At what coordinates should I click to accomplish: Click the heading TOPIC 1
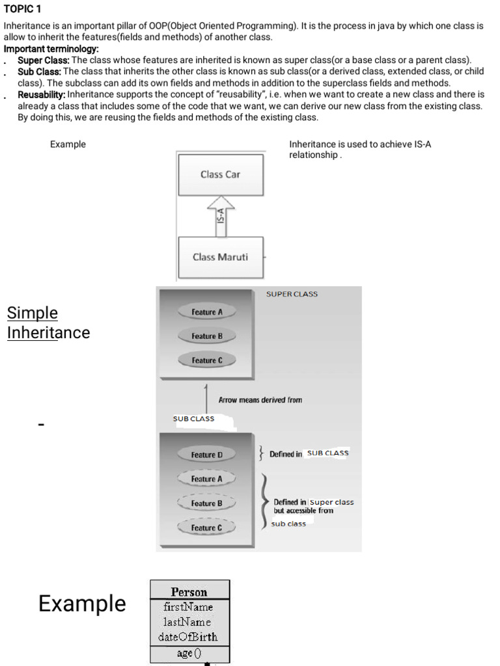(x=22, y=9)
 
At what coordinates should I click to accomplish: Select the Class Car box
(x=221, y=174)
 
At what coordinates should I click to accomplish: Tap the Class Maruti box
(x=221, y=257)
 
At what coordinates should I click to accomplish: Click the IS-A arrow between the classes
(x=221, y=215)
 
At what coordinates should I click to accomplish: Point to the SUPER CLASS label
(x=292, y=294)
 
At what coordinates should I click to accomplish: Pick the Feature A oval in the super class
(x=207, y=312)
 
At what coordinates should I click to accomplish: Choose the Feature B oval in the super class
(x=207, y=336)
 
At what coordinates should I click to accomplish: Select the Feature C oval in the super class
(x=207, y=360)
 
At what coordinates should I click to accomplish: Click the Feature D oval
(x=207, y=455)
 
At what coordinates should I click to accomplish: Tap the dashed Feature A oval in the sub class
(x=207, y=479)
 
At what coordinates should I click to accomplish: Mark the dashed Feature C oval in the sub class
(x=207, y=528)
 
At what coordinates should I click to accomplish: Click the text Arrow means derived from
(x=260, y=400)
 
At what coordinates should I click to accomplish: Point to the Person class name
(x=189, y=592)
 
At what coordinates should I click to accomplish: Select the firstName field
(x=189, y=607)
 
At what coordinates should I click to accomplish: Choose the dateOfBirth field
(x=189, y=637)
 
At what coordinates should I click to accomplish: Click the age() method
(x=189, y=653)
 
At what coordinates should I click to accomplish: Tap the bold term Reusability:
(x=42, y=94)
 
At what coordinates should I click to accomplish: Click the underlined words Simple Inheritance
(x=48, y=323)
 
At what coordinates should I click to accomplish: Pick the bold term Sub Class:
(x=39, y=71)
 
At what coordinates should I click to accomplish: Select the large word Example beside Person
(x=82, y=604)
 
